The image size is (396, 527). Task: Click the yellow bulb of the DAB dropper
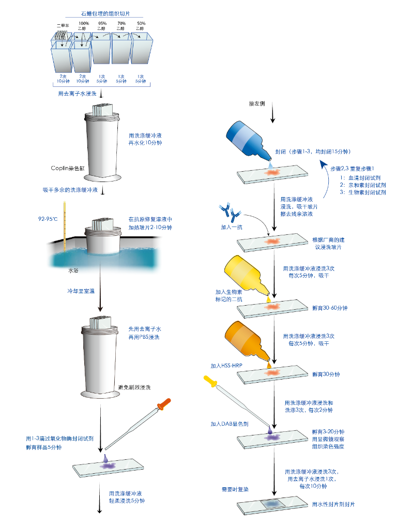(x=210, y=383)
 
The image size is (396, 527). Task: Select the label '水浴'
(x=73, y=270)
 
